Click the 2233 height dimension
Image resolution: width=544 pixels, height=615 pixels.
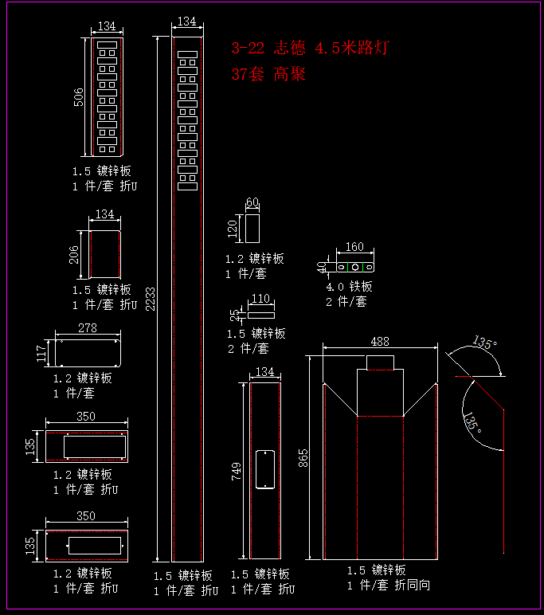(x=151, y=299)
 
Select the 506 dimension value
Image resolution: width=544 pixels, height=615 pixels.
(x=79, y=97)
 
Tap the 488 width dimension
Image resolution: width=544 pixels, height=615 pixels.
(x=380, y=341)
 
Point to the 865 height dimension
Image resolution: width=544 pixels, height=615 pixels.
(x=303, y=459)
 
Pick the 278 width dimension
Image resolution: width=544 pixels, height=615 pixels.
(x=88, y=327)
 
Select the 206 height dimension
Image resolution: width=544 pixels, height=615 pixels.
(x=74, y=254)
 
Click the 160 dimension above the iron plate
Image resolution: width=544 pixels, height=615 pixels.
(x=354, y=247)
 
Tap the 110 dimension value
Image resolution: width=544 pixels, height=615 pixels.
(x=260, y=300)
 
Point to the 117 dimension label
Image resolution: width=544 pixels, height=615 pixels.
(x=42, y=353)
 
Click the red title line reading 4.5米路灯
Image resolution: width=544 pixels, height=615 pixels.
(x=310, y=49)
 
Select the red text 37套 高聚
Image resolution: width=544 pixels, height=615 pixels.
(x=268, y=75)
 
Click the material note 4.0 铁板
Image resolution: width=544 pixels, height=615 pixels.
(x=349, y=287)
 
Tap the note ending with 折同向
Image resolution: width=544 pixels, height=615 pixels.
(x=388, y=585)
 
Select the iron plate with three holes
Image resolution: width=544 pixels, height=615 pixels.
(x=355, y=266)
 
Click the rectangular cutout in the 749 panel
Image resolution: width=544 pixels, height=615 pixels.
(x=264, y=469)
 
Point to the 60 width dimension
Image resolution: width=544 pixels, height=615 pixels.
(x=252, y=202)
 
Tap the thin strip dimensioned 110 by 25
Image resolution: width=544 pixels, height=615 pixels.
(x=260, y=315)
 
